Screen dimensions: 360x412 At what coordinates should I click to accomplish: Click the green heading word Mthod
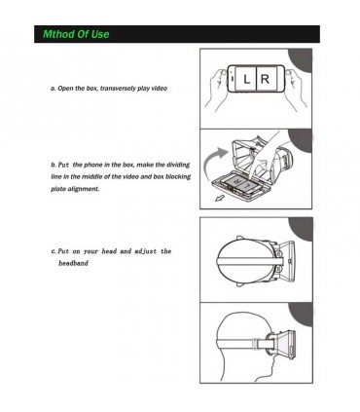[x=58, y=34]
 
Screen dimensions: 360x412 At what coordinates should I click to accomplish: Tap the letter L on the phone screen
[x=246, y=79]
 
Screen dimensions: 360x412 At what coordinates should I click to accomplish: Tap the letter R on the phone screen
[x=265, y=79]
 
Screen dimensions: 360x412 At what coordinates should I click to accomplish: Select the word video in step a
[x=159, y=89]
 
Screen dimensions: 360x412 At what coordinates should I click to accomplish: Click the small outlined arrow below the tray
[x=220, y=197]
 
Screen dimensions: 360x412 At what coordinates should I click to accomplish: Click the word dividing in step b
[x=178, y=165]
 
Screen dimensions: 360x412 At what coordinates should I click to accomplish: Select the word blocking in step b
[x=178, y=177]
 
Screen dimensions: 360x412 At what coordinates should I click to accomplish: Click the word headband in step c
[x=73, y=263]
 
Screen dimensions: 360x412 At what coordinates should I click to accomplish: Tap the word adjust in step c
[x=146, y=251]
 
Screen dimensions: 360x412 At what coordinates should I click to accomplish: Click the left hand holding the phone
[x=217, y=89]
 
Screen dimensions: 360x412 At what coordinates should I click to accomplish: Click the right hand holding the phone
[x=295, y=89]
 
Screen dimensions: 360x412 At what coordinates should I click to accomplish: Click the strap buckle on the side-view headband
[x=256, y=343]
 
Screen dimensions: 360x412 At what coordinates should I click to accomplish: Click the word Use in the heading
[x=100, y=34]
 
